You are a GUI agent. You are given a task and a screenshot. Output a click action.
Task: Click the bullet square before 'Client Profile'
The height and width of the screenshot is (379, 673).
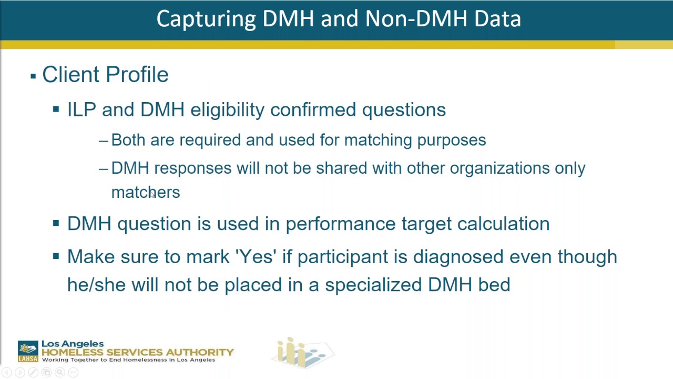pyautogui.click(x=33, y=76)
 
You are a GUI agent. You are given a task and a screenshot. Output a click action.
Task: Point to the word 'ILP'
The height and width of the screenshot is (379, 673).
pyautogui.click(x=81, y=109)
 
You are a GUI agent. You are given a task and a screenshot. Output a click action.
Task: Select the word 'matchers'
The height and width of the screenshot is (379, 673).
pyautogui.click(x=146, y=193)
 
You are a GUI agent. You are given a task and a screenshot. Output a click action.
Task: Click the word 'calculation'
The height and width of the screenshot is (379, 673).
pyautogui.click(x=503, y=224)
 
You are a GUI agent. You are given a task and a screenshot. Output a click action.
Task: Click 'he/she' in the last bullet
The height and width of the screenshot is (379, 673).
pyautogui.click(x=96, y=285)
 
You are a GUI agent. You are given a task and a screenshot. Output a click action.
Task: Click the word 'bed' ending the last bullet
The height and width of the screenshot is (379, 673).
pyautogui.click(x=494, y=285)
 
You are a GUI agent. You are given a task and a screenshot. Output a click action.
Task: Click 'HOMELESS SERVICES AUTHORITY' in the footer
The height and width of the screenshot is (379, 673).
pyautogui.click(x=137, y=352)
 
